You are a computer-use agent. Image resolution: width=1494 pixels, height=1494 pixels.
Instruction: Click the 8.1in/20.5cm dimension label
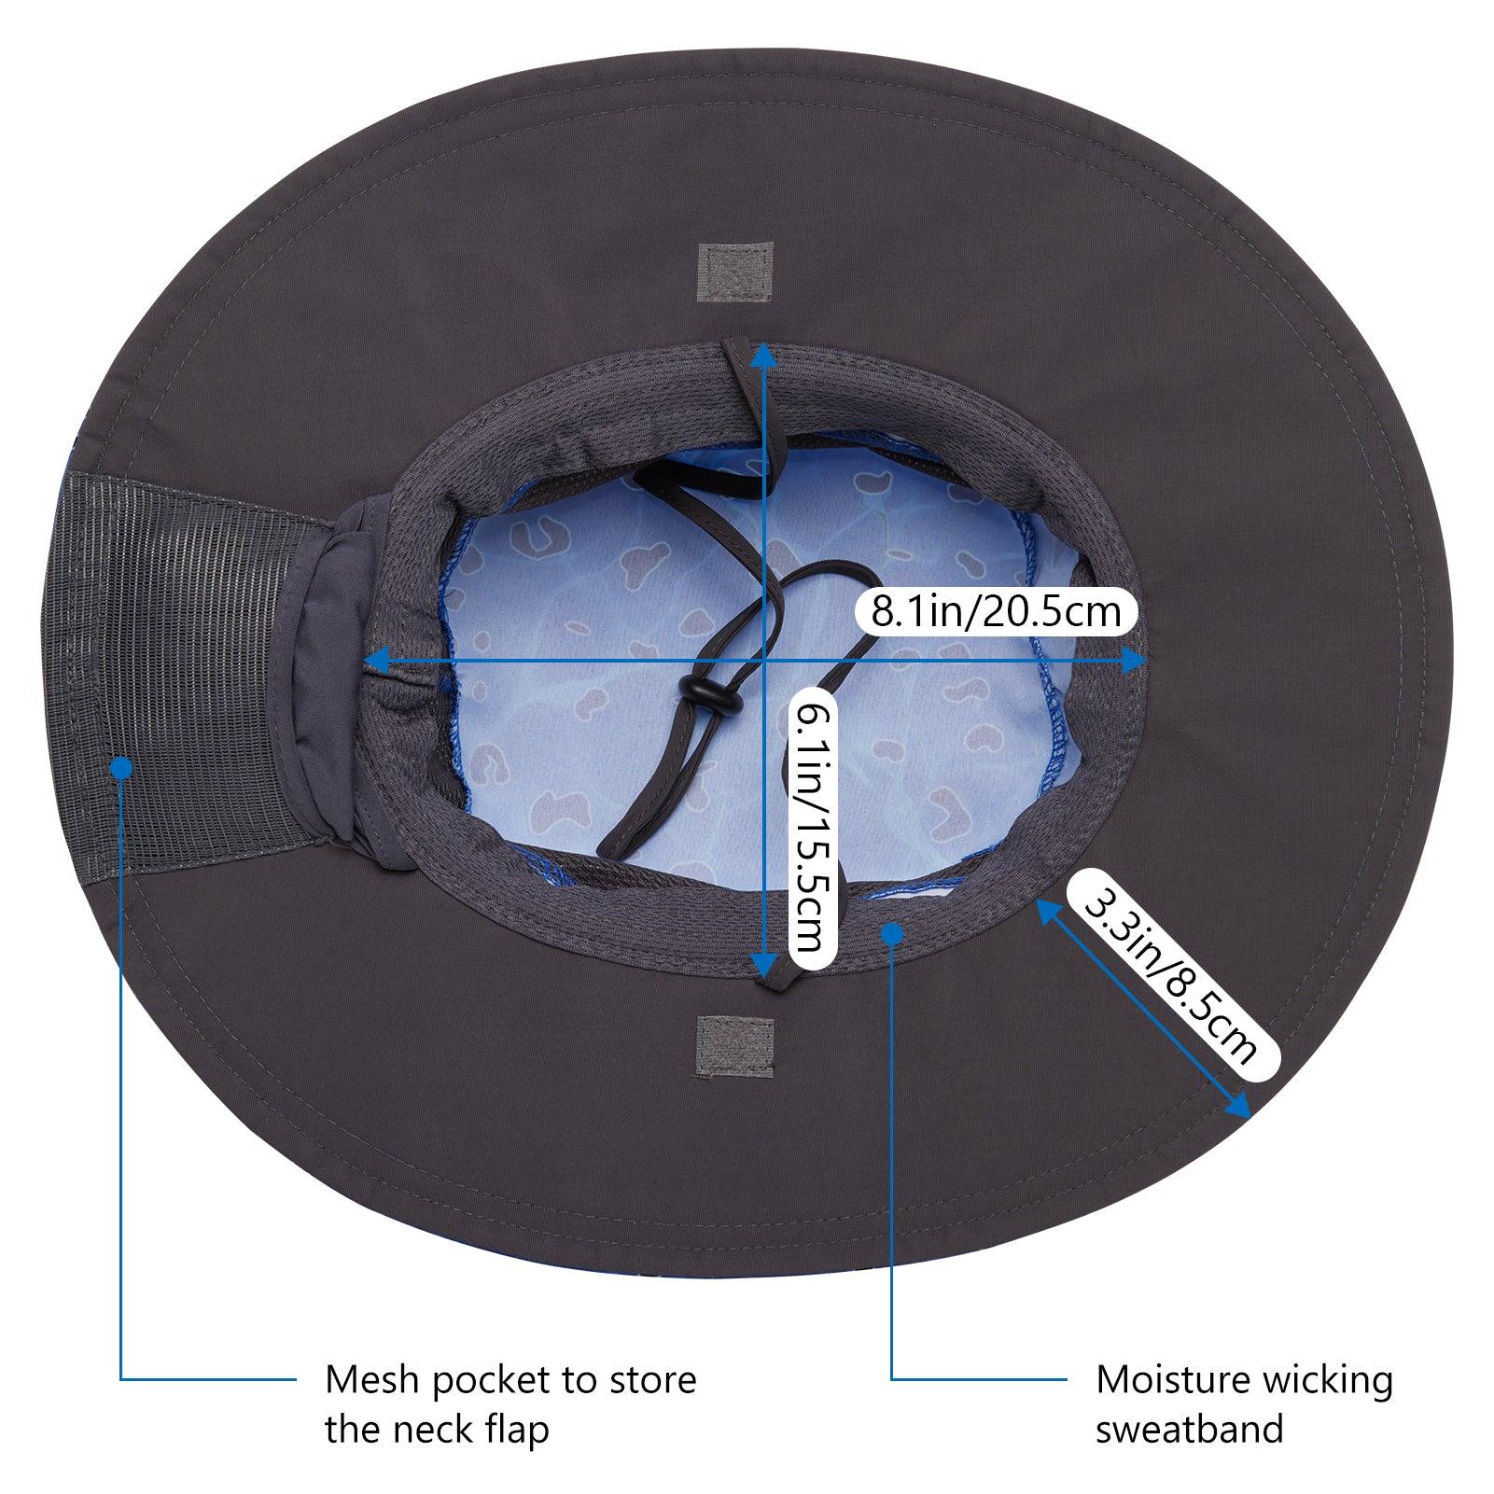996,611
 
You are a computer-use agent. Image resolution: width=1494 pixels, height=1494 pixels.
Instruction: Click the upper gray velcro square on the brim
736,272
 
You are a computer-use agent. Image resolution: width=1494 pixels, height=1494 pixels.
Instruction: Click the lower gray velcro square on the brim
736,1045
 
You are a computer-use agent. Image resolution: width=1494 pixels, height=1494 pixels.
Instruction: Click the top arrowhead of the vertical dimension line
764,352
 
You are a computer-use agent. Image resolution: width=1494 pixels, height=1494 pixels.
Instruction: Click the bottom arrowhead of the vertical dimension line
764,967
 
